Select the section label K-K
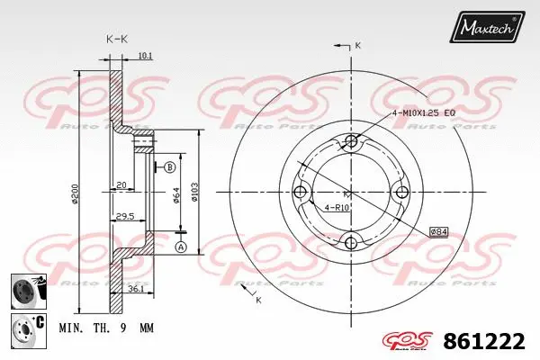[x=116, y=39]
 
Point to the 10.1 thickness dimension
[x=145, y=57]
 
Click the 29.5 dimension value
[x=125, y=216]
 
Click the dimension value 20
[x=120, y=186]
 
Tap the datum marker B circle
[x=169, y=166]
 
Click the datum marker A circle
[x=180, y=247]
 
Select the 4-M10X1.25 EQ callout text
[x=427, y=112]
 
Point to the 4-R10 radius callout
[x=337, y=209]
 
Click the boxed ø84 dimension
[x=438, y=231]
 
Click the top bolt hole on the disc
[x=351, y=141]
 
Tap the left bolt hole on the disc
[x=301, y=191]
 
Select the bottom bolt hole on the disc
[x=351, y=241]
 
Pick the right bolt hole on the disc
[x=401, y=191]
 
